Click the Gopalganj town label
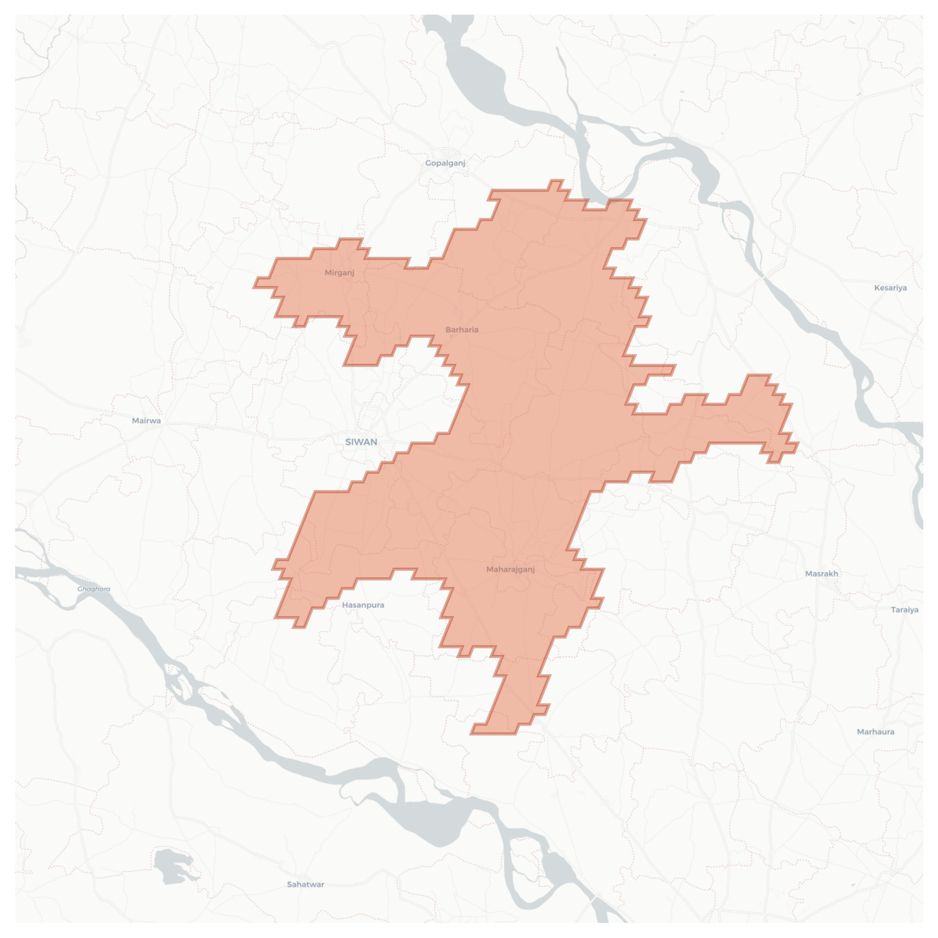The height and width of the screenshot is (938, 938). click(x=445, y=163)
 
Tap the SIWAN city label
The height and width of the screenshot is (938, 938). click(x=361, y=442)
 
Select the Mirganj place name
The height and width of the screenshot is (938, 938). click(x=339, y=273)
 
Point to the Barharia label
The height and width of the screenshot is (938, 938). click(x=462, y=330)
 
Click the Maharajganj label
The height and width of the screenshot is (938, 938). click(x=510, y=569)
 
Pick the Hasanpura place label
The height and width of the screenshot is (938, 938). click(x=363, y=605)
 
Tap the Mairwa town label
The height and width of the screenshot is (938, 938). click(x=146, y=421)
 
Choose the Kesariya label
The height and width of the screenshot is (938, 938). click(x=890, y=288)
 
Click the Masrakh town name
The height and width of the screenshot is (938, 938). click(x=821, y=574)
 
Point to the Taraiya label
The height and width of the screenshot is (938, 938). click(x=904, y=610)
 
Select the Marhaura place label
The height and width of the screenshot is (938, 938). click(x=875, y=732)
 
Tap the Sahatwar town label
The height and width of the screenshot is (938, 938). click(x=305, y=885)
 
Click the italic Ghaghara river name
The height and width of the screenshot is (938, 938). click(x=94, y=589)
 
